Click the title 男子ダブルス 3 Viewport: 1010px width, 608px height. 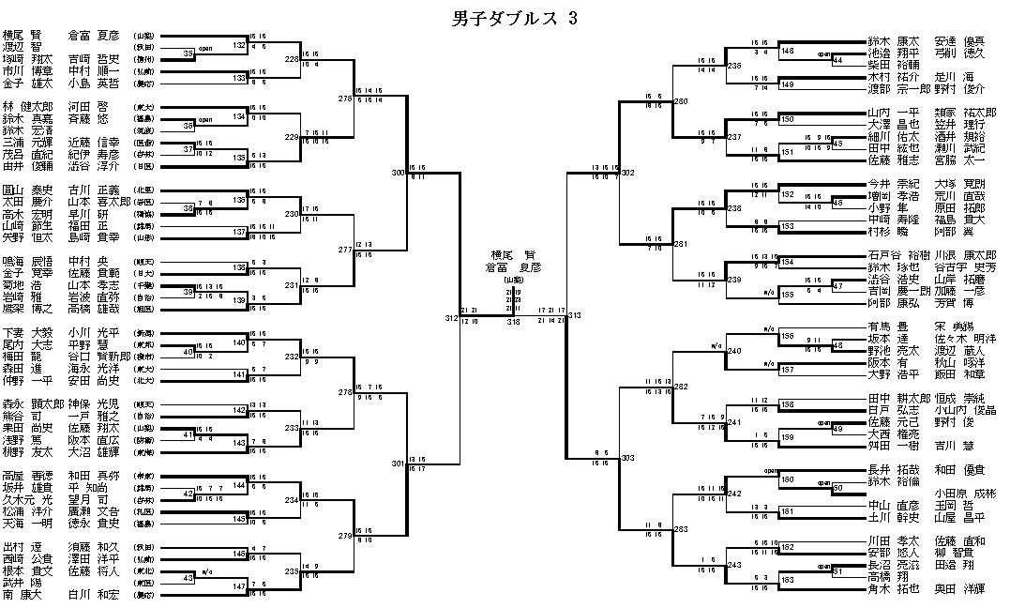pyautogui.click(x=507, y=18)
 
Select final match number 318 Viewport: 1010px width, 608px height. pyautogui.click(x=513, y=322)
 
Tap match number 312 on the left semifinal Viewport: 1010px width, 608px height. pyautogui.click(x=452, y=318)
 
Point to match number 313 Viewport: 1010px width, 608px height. pyautogui.click(x=575, y=316)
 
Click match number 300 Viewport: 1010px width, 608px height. pyautogui.click(x=399, y=173)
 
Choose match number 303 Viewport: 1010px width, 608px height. pyautogui.click(x=627, y=459)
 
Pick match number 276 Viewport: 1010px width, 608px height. pyautogui.click(x=345, y=98)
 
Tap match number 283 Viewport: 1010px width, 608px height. pyautogui.click(x=681, y=530)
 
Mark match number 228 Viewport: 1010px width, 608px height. pyautogui.click(x=292, y=58)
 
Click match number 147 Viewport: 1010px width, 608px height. pyautogui.click(x=240, y=585)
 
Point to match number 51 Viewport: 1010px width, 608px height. pyautogui.click(x=837, y=570)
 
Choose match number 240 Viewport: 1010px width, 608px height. pyautogui.click(x=734, y=351)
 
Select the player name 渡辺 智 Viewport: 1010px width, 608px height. pyautogui.click(x=23, y=45)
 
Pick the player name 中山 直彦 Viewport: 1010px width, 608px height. pyautogui.click(x=891, y=505)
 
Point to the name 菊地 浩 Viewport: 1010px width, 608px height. pyautogui.click(x=23, y=282)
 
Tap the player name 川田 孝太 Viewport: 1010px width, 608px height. pyautogui.click(x=891, y=541)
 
